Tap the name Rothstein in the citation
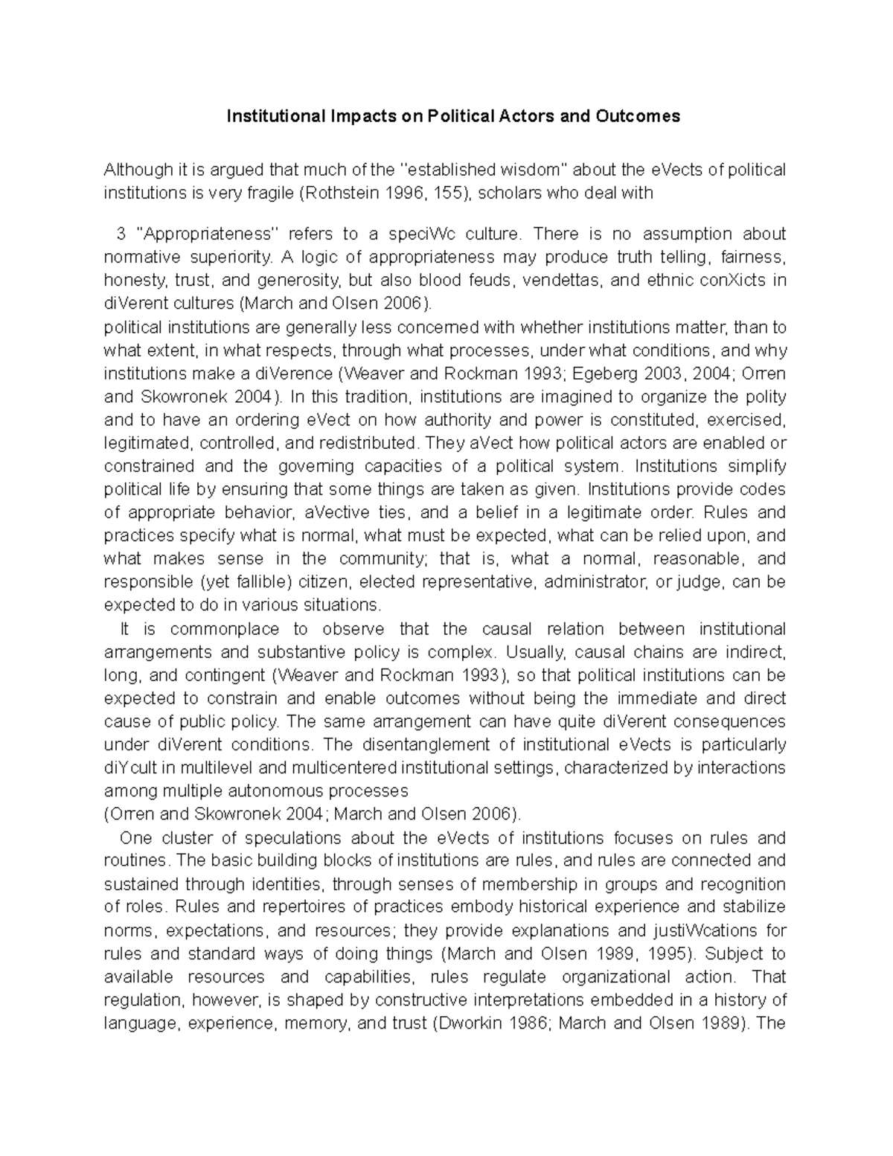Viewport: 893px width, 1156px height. [x=341, y=194]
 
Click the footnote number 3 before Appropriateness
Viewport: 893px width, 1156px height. [x=121, y=234]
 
